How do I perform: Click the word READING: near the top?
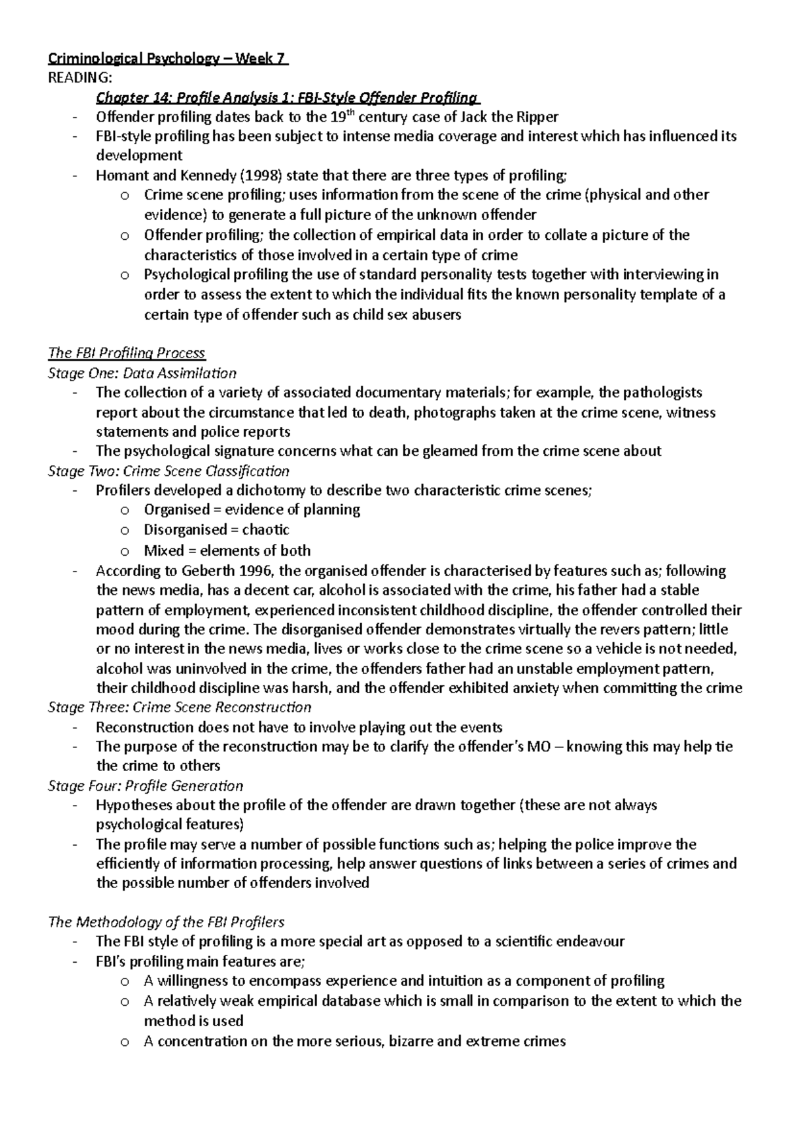click(x=75, y=79)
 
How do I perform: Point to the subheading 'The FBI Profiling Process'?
click(x=127, y=354)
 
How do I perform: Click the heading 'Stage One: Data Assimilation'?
click(x=142, y=373)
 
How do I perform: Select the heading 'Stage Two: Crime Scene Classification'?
click(x=169, y=471)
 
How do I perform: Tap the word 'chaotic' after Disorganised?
click(x=266, y=530)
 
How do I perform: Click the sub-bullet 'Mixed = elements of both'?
click(x=227, y=550)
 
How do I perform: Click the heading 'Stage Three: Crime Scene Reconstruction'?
click(x=179, y=708)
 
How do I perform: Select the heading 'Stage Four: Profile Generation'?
click(x=145, y=786)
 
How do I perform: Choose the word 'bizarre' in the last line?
click(x=412, y=1041)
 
